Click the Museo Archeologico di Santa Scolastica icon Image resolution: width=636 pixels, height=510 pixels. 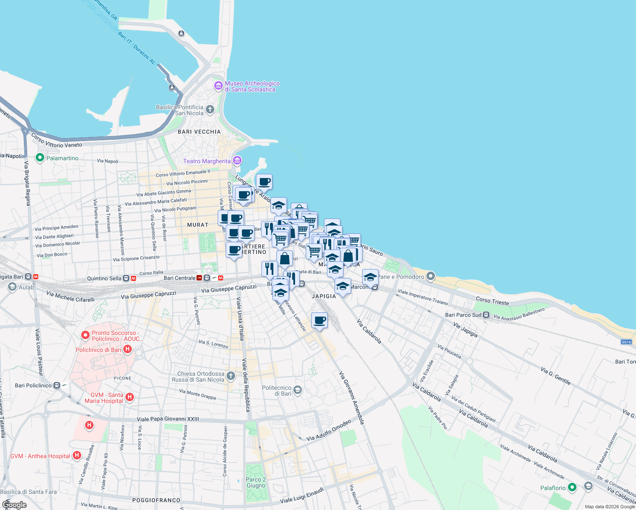[219, 86]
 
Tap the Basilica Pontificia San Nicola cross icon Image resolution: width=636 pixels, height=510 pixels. [210, 110]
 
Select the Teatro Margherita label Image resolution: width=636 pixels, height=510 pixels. [207, 161]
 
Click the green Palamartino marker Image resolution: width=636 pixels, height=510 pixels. [40, 158]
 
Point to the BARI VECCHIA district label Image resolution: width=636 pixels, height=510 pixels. [199, 132]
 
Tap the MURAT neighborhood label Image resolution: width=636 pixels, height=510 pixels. [198, 225]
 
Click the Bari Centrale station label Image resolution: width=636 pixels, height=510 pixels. [179, 278]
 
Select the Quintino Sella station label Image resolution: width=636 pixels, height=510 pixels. [104, 278]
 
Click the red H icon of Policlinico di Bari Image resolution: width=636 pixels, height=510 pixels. [127, 349]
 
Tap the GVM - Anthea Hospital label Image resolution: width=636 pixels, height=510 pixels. [40, 456]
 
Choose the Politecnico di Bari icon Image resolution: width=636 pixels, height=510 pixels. [298, 390]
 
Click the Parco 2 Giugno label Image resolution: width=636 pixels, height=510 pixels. [256, 482]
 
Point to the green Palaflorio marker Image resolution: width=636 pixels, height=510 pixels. [572, 487]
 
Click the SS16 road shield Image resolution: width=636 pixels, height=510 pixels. [626, 342]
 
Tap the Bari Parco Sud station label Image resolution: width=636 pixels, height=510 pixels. [463, 315]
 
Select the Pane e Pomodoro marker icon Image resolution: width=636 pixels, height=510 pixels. [431, 277]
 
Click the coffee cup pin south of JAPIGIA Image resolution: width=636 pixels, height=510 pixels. [320, 320]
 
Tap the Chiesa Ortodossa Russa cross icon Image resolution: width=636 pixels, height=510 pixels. [230, 376]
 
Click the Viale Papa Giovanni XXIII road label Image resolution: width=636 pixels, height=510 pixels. [168, 419]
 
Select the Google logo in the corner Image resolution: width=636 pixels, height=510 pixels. [14, 505]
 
